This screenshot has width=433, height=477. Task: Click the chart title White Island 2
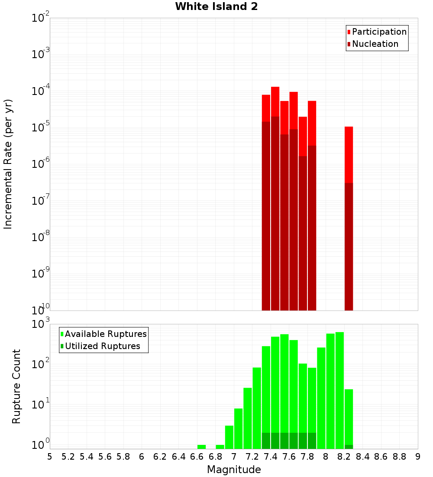click(x=216, y=7)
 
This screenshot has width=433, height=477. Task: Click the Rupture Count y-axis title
click(x=16, y=386)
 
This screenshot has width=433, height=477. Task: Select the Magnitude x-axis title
click(x=234, y=470)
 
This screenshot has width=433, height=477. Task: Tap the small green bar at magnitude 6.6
click(x=201, y=447)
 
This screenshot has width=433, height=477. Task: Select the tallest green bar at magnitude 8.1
click(x=339, y=390)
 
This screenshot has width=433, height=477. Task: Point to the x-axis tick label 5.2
click(x=68, y=457)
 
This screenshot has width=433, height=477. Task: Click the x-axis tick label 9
click(x=418, y=457)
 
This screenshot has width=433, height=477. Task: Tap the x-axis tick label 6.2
click(x=160, y=457)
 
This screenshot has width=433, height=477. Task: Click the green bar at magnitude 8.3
click(x=349, y=416)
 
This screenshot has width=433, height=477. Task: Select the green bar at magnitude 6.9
click(x=220, y=447)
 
